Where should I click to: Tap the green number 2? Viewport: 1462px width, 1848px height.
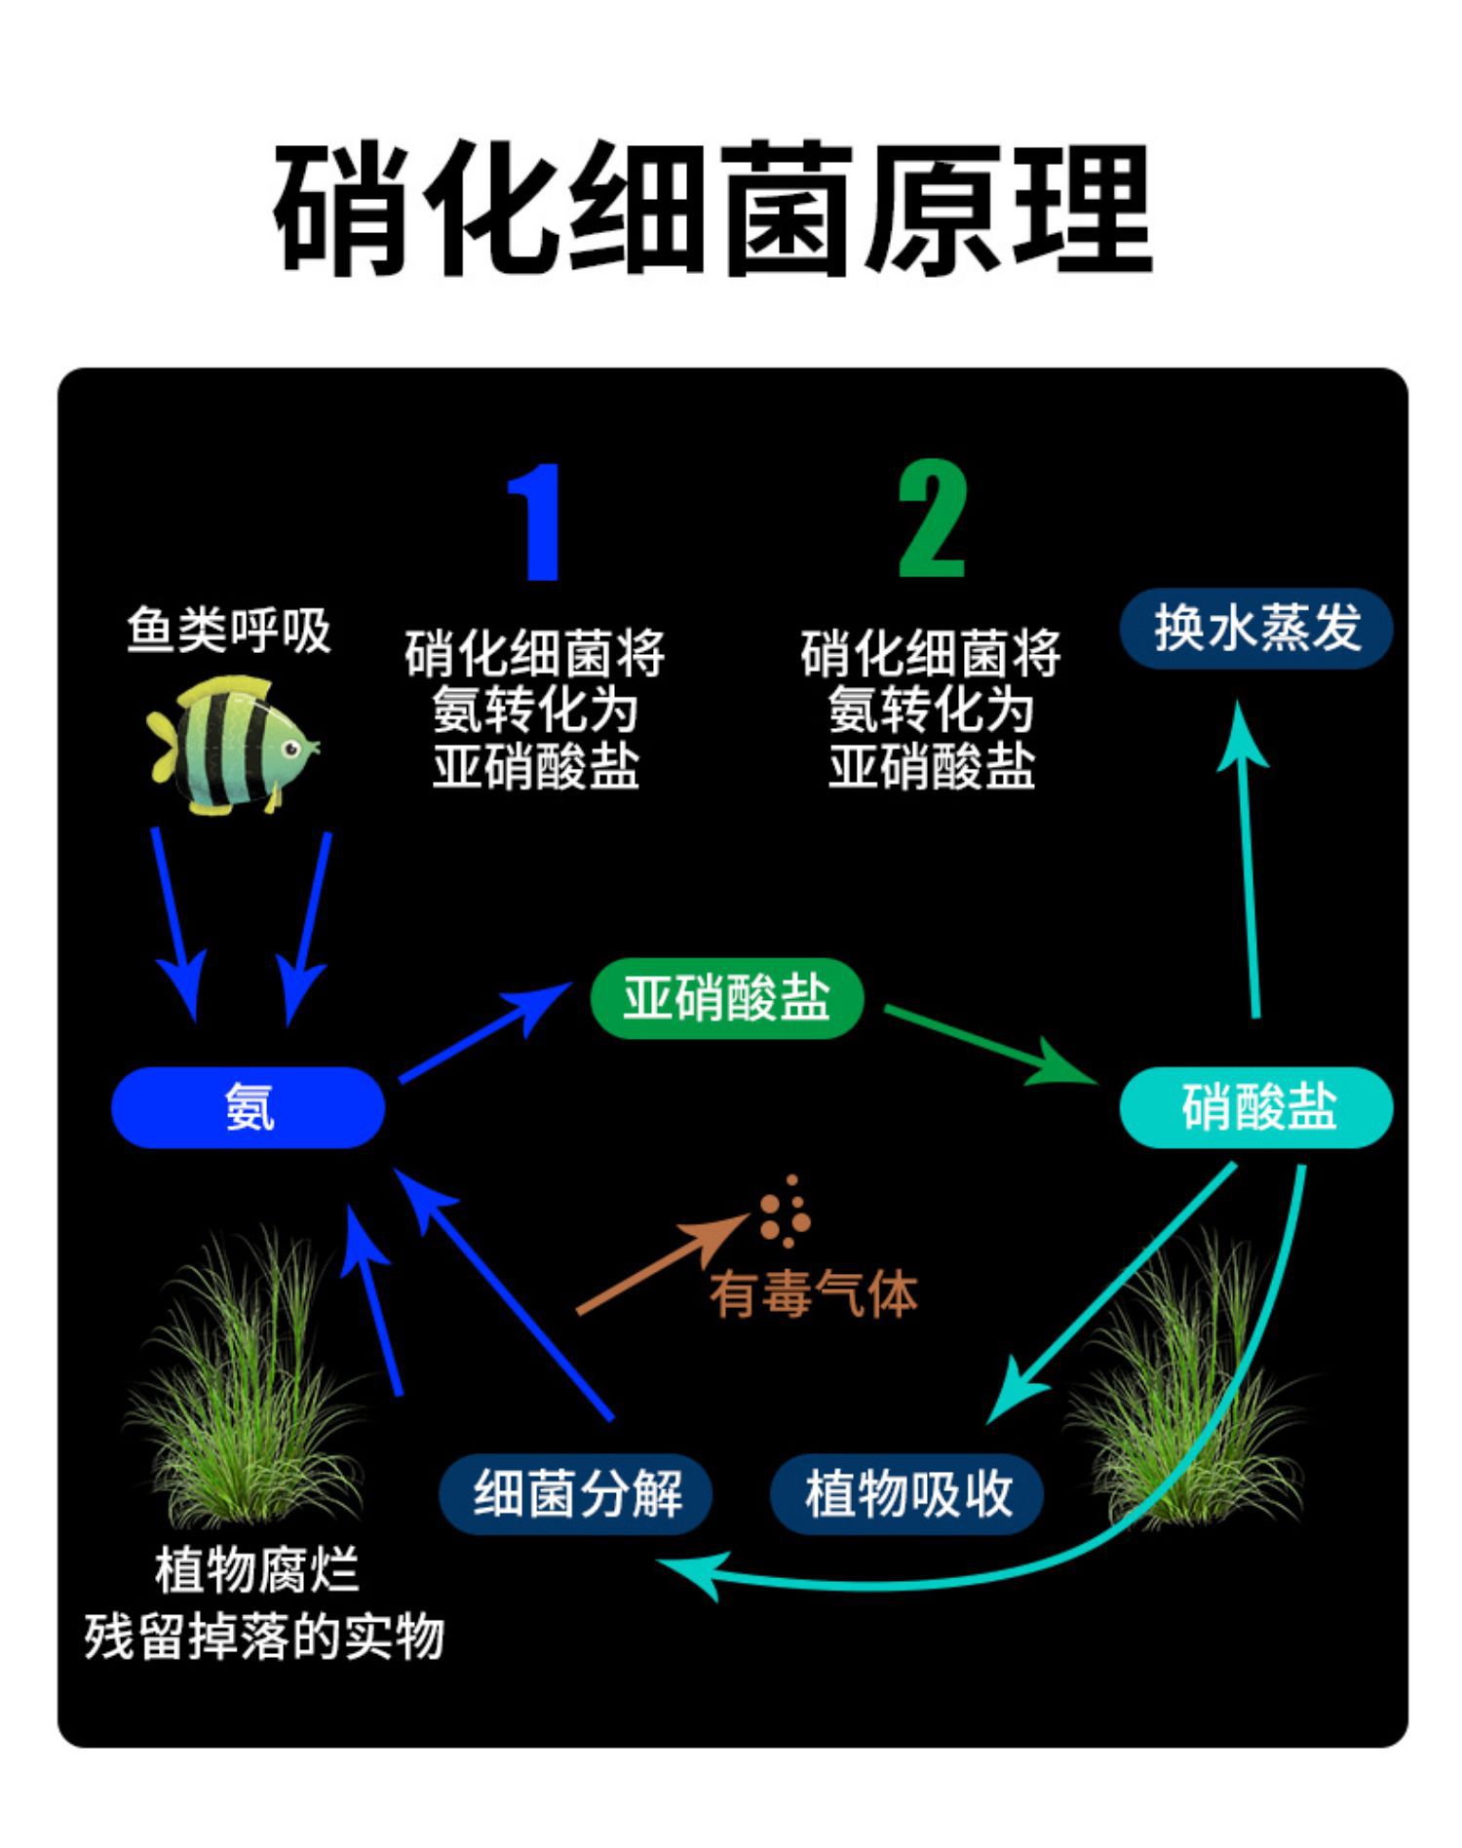click(x=932, y=520)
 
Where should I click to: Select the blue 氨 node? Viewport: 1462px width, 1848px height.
click(x=249, y=1107)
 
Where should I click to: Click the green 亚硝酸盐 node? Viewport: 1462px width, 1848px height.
click(x=726, y=998)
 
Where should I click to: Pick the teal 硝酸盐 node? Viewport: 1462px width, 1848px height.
click(x=1256, y=1107)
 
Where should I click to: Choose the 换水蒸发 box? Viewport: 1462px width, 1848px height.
click(x=1256, y=628)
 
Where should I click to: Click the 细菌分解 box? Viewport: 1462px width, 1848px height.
click(x=576, y=1493)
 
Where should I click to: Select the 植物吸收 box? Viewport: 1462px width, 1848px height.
click(x=907, y=1493)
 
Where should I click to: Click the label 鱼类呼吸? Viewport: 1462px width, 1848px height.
click(x=229, y=630)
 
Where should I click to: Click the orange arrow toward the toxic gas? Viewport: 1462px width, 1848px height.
click(x=663, y=1265)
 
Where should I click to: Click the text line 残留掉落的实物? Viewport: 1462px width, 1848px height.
click(x=264, y=1637)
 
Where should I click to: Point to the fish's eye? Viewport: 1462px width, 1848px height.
click(x=289, y=749)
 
